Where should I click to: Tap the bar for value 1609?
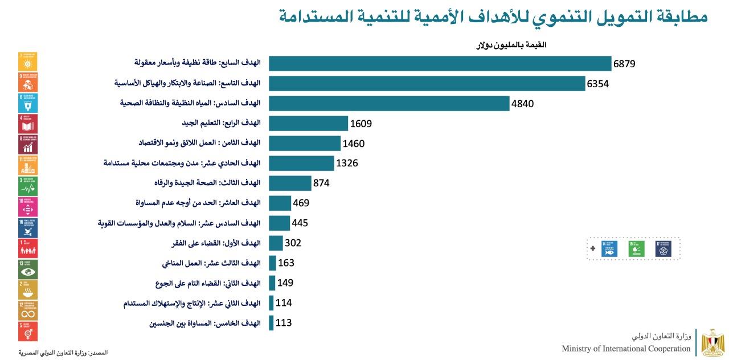pos(308,124)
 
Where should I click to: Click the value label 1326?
pos(347,163)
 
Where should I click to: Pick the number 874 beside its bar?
pos(321,183)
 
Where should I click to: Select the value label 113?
pos(284,323)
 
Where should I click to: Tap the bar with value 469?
pos(280,203)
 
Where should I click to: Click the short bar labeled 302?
pos(276,243)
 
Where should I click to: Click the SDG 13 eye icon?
pos(28,269)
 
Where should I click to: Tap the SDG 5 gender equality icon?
pos(28,331)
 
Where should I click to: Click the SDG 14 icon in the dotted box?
pos(609,248)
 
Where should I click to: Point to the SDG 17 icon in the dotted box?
pos(663,248)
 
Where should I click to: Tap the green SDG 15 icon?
pos(636,248)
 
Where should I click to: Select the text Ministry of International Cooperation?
pos(626,349)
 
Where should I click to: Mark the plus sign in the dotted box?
pos(593,248)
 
